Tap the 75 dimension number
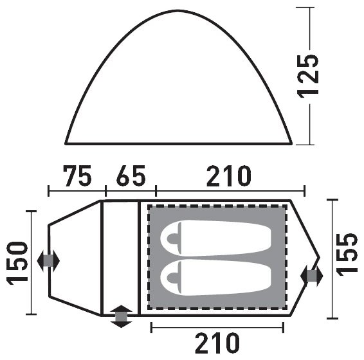click(77, 176)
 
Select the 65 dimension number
click(131, 176)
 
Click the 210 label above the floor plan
click(229, 176)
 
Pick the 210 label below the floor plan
click(217, 343)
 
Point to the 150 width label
click(17, 263)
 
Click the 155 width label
click(347, 255)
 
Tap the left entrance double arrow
click(48, 261)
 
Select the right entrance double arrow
click(311, 276)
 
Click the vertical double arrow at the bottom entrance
click(121, 316)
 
